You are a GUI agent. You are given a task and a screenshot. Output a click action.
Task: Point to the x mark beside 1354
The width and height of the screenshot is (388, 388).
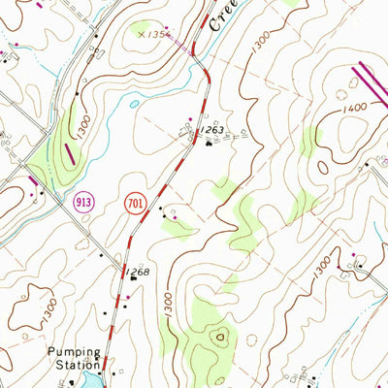142,34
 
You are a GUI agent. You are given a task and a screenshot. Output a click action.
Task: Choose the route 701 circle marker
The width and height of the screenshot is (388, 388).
138,203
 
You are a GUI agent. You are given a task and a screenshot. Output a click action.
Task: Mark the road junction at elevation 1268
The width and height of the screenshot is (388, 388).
123,271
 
